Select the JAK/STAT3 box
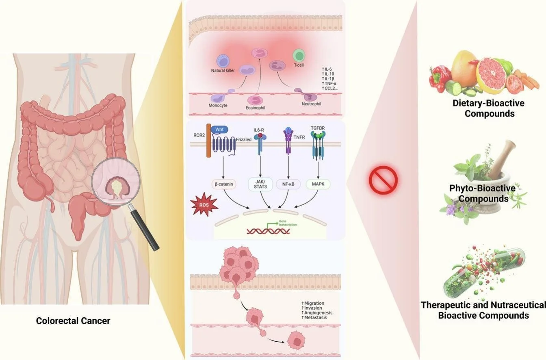click(x=260, y=184)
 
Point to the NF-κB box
click(x=288, y=184)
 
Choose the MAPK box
click(x=318, y=184)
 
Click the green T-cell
click(x=299, y=55)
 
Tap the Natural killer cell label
click(x=223, y=71)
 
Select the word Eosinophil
click(x=258, y=108)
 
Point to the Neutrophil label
click(x=311, y=104)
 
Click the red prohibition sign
click(x=383, y=180)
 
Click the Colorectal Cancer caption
click(x=73, y=321)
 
